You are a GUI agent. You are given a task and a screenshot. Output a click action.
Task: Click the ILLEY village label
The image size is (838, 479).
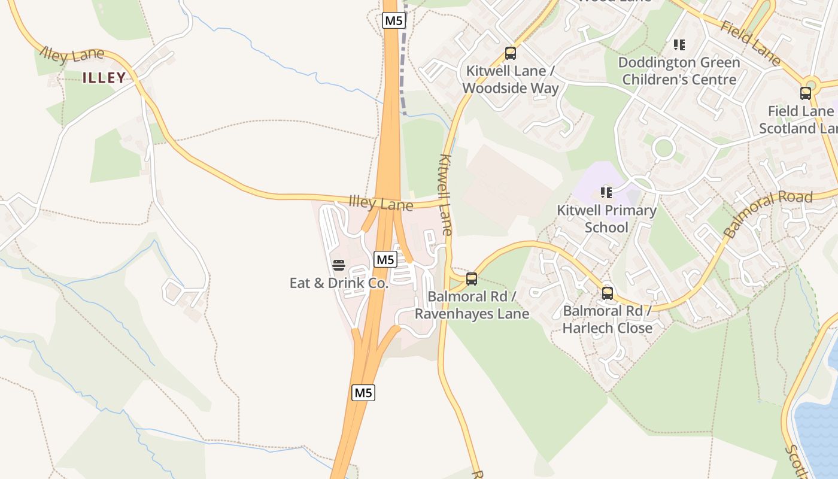104,77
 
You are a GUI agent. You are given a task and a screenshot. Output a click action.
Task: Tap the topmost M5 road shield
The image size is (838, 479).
394,20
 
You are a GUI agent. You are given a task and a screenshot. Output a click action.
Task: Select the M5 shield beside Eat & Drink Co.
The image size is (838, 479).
385,259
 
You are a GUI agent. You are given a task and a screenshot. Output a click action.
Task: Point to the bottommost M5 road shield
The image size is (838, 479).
363,393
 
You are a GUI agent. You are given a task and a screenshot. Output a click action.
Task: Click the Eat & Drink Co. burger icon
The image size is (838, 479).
339,265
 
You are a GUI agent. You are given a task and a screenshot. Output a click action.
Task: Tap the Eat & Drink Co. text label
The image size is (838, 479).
339,283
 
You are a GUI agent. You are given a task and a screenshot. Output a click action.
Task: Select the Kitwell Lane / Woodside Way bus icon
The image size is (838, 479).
511,53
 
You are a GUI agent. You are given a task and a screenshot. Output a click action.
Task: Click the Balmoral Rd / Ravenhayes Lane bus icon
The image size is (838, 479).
472,278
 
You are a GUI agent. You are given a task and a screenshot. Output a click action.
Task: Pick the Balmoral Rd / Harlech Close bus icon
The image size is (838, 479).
608,293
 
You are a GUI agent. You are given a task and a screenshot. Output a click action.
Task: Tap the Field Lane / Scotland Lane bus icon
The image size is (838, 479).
806,93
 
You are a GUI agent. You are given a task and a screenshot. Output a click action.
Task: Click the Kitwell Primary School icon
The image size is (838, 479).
606,193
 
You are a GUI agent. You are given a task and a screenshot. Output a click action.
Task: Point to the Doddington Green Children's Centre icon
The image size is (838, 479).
679,45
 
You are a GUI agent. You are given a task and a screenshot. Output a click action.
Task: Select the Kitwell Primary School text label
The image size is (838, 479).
606,219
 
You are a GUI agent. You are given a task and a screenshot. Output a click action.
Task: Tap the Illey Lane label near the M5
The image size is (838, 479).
381,204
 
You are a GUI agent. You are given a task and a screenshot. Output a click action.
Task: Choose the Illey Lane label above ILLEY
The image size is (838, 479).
72,56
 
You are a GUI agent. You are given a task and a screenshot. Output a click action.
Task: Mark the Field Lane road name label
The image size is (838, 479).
751,43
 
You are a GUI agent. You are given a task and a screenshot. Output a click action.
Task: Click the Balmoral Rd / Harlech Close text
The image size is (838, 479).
608,319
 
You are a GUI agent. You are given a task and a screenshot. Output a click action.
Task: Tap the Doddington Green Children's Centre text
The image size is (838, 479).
679,71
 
